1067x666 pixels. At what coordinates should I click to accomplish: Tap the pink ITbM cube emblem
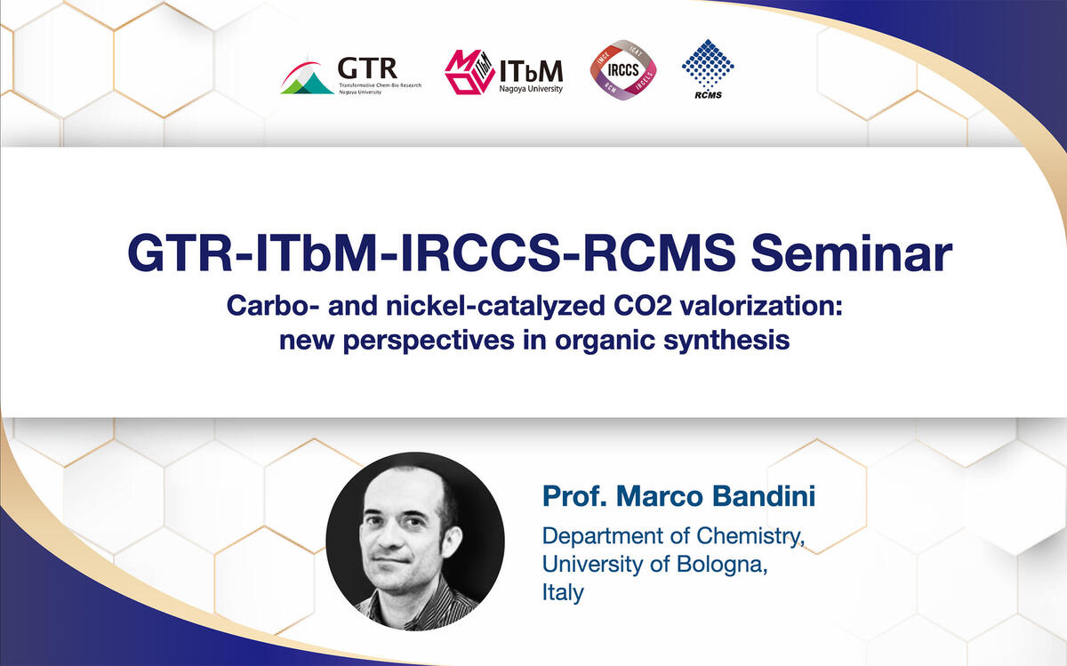469,72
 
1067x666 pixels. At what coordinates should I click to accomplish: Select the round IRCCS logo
623,70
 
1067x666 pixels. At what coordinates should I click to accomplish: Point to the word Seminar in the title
851,254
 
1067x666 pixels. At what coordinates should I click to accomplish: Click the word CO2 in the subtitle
643,305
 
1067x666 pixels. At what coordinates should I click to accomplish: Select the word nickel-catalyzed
495,306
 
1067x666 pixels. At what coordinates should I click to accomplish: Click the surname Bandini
764,496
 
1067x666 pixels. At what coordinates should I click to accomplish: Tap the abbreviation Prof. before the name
575,496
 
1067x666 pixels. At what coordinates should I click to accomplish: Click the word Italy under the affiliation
563,592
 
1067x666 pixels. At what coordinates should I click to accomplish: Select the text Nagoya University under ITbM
531,89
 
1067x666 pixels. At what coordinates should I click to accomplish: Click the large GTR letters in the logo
367,68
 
